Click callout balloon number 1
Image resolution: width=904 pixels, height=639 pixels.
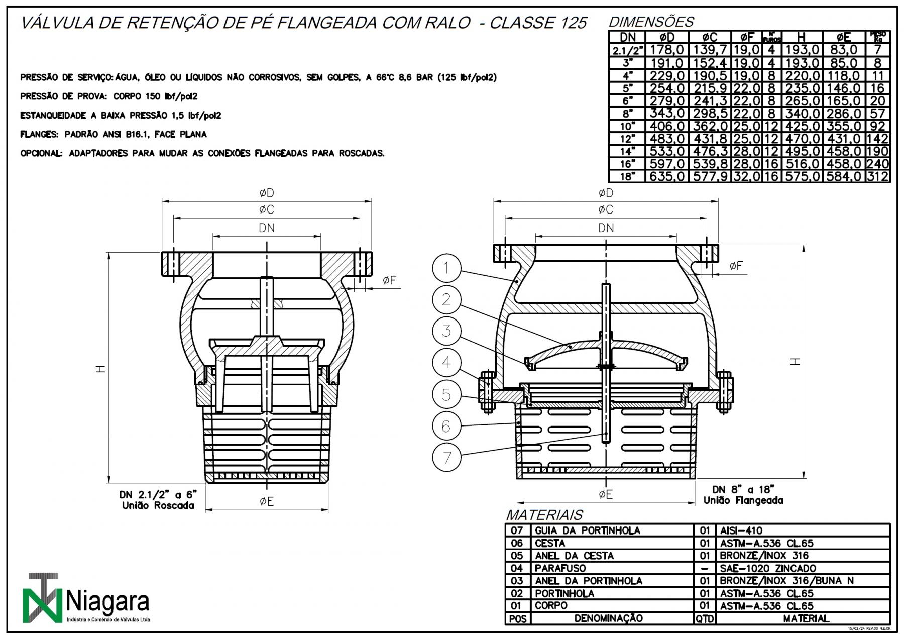[x=446, y=268]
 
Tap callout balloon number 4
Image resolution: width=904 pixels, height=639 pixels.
[x=446, y=362]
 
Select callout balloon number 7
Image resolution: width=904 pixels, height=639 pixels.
[x=446, y=457]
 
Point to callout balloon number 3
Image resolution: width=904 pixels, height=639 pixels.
[x=446, y=331]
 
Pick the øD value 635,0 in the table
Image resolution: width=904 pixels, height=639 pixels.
[x=666, y=177]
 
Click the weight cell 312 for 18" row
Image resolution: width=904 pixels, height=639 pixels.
[x=877, y=177]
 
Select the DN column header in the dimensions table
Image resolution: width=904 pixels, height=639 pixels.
[x=627, y=37]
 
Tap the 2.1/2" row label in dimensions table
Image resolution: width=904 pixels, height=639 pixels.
[x=627, y=50]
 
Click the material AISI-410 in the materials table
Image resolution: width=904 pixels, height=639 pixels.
[x=741, y=530]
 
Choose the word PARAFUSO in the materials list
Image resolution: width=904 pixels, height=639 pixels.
[x=560, y=568]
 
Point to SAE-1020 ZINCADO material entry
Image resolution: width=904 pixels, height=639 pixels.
[x=768, y=568]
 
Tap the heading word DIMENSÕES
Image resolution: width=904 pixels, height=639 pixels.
[x=651, y=22]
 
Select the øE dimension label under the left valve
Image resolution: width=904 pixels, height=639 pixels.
[x=267, y=501]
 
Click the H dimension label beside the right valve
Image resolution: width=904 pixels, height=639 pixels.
[x=795, y=361]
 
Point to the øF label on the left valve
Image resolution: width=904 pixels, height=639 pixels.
[x=389, y=281]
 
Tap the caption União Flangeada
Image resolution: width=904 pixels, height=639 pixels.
[x=743, y=500]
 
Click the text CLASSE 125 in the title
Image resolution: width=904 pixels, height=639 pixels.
[x=537, y=23]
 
